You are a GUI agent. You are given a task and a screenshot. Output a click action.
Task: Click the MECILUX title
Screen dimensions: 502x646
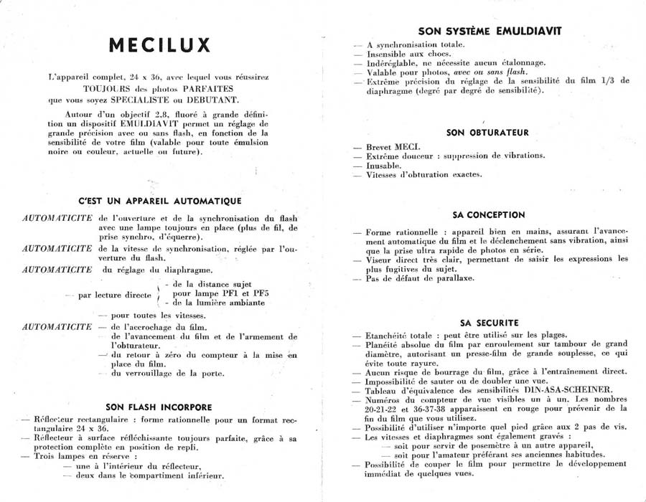pos(160,45)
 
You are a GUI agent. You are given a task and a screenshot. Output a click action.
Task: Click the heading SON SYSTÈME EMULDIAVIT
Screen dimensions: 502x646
pos(490,31)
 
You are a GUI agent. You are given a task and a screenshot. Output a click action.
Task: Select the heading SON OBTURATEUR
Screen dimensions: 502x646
pos(487,133)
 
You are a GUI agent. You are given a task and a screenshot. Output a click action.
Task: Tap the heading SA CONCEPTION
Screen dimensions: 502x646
pos(489,214)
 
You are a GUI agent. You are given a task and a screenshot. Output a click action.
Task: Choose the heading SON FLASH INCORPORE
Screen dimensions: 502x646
pos(159,407)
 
